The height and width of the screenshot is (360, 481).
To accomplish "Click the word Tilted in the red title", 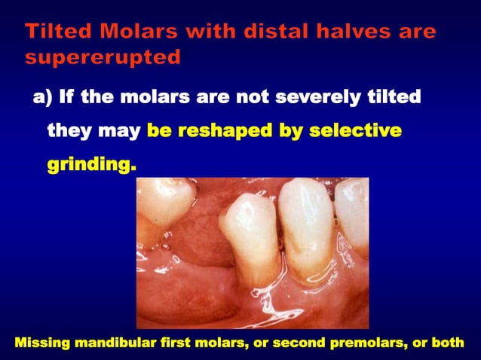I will coord(56,32).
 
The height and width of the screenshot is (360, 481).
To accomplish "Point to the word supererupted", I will coord(103,57).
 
